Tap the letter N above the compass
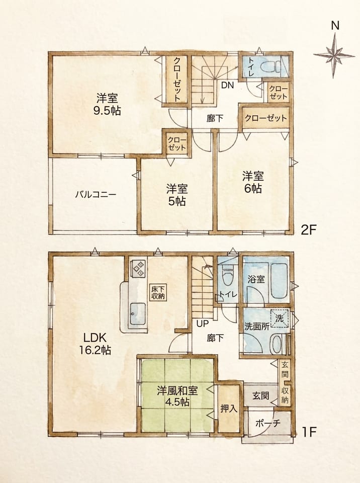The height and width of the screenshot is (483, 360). point(335,25)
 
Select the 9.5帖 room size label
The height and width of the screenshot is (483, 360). point(107,111)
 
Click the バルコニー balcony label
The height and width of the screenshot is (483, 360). point(96,195)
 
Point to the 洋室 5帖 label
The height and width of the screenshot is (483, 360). point(177,195)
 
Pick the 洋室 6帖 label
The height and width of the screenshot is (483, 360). point(253,182)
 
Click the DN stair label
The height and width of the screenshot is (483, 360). point(227,86)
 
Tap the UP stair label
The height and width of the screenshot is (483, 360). point(202,324)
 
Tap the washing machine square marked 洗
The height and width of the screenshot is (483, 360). point(280,317)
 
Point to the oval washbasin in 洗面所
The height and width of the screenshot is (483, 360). point(277,345)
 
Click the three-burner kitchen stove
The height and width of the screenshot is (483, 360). point(138,268)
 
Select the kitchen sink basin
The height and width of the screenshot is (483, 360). point(138,314)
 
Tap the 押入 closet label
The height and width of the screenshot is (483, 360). point(229,409)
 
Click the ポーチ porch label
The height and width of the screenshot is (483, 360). point(267,423)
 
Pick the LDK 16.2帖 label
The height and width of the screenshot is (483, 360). point(95,344)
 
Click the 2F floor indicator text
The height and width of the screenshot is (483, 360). point(309,230)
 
